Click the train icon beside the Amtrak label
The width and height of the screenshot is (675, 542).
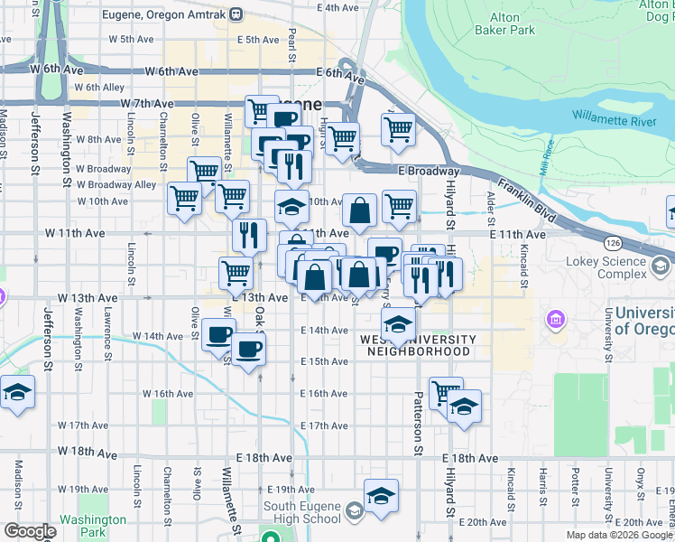pos(236,14)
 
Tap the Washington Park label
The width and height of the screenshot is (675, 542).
pos(92,526)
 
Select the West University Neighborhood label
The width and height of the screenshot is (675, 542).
pos(417,345)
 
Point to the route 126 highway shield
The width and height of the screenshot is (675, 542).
pos(614,244)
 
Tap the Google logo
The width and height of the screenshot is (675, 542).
pos(30,531)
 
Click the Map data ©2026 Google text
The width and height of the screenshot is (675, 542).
pos(619,535)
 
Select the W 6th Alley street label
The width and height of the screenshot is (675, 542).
pos(100,88)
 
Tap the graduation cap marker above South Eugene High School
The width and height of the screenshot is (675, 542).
pos(382,495)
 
